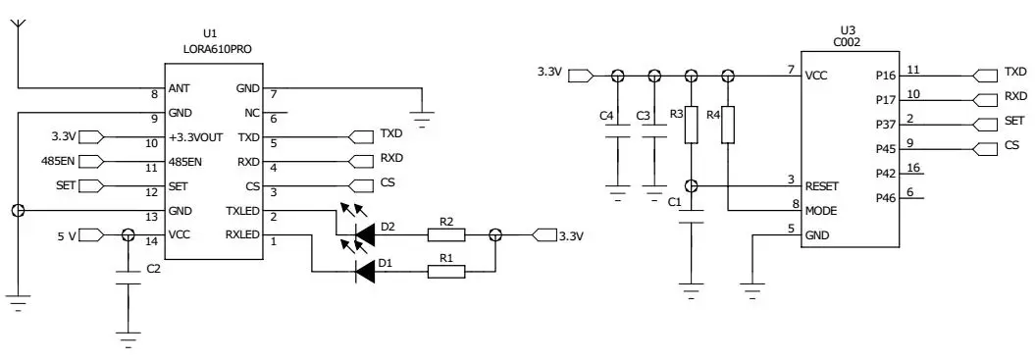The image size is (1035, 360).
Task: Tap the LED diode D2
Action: point(365,234)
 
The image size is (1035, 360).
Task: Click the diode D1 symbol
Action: point(365,270)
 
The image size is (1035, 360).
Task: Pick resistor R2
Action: point(445,234)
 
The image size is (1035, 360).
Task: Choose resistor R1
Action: point(445,270)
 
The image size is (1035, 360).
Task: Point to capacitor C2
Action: point(127,278)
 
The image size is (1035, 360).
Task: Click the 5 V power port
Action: point(88,234)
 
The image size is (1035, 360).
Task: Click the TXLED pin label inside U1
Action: point(242,211)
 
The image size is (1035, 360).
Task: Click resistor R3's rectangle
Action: point(691,125)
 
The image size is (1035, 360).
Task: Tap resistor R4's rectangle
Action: point(727,125)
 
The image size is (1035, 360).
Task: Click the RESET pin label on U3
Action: point(823,184)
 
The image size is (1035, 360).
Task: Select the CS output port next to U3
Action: point(987,148)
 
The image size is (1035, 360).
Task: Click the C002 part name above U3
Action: point(848,43)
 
